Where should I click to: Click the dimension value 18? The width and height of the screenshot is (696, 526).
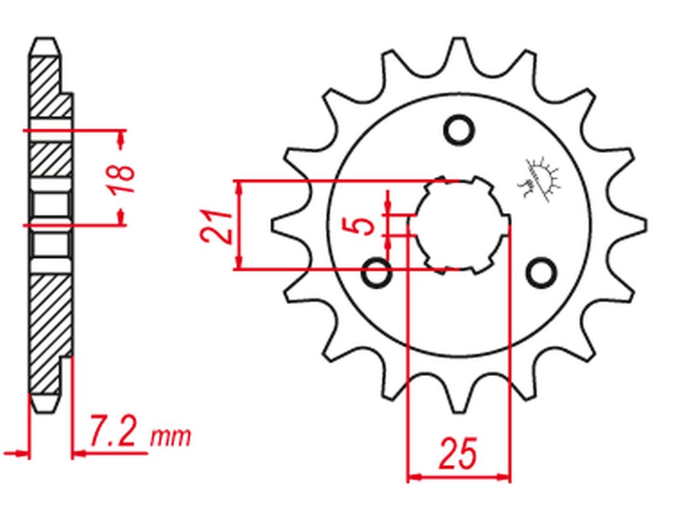122,178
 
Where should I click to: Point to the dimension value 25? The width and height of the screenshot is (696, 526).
458,453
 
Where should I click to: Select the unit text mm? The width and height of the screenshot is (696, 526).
170,436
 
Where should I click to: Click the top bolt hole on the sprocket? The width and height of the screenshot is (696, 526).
458,130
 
